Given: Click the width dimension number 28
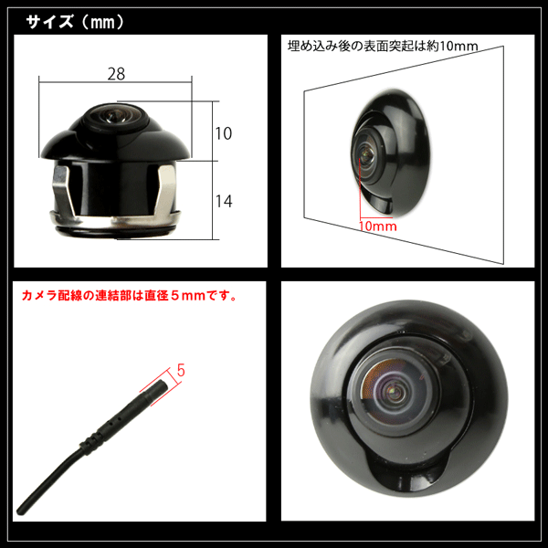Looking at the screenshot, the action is [116, 74].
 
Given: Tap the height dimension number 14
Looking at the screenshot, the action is [224, 201].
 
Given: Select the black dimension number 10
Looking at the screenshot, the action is [224, 133].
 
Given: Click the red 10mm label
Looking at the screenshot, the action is [378, 227].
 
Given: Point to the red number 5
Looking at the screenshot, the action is [181, 371].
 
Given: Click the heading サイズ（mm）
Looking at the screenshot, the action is [75, 22].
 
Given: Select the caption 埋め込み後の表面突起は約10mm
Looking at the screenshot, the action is [383, 46].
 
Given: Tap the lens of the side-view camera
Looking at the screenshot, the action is [111, 114].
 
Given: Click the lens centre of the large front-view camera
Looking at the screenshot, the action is [395, 391].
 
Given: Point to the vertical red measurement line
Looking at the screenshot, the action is [360, 188].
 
